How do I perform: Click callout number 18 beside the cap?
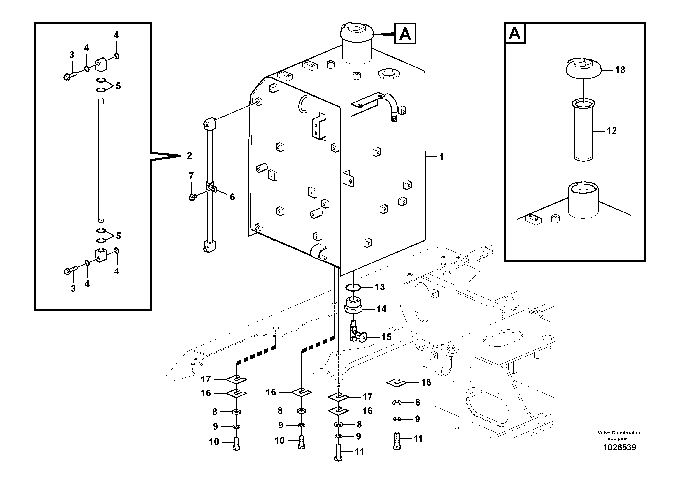(620, 70)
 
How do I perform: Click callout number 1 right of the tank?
(441, 157)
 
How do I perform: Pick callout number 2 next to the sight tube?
(189, 156)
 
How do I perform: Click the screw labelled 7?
(192, 197)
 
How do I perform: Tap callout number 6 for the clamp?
(232, 197)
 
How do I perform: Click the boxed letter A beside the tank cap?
(405, 34)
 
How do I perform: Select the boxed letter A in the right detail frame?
(515, 33)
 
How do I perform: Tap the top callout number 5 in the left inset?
(118, 86)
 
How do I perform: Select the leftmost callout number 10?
(214, 442)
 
